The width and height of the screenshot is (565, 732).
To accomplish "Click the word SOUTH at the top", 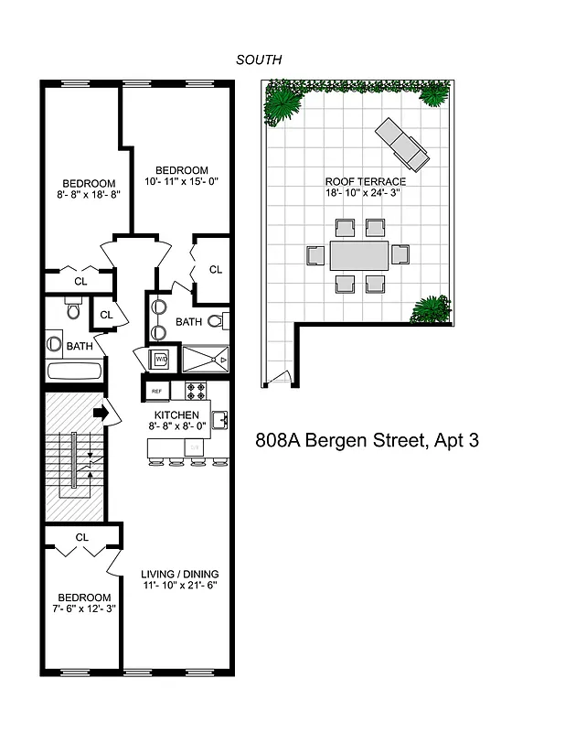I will [x=259, y=59].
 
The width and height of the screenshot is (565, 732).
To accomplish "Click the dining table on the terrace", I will [x=358, y=255].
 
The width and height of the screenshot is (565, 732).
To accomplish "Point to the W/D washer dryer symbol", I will [x=159, y=360].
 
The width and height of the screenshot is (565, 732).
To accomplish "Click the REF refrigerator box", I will [x=156, y=391].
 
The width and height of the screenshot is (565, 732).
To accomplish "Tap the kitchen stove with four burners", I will [x=196, y=391].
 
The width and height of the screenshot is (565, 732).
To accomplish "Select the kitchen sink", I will [x=219, y=420].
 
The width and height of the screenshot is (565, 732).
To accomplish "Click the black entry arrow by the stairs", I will [x=101, y=414].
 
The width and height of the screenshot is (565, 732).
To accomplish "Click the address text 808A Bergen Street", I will [x=366, y=440].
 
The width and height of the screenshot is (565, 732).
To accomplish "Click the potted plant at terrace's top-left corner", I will [x=282, y=105].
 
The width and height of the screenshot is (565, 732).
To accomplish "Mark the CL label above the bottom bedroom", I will [x=81, y=537].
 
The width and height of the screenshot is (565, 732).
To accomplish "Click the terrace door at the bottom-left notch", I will [x=284, y=375].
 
